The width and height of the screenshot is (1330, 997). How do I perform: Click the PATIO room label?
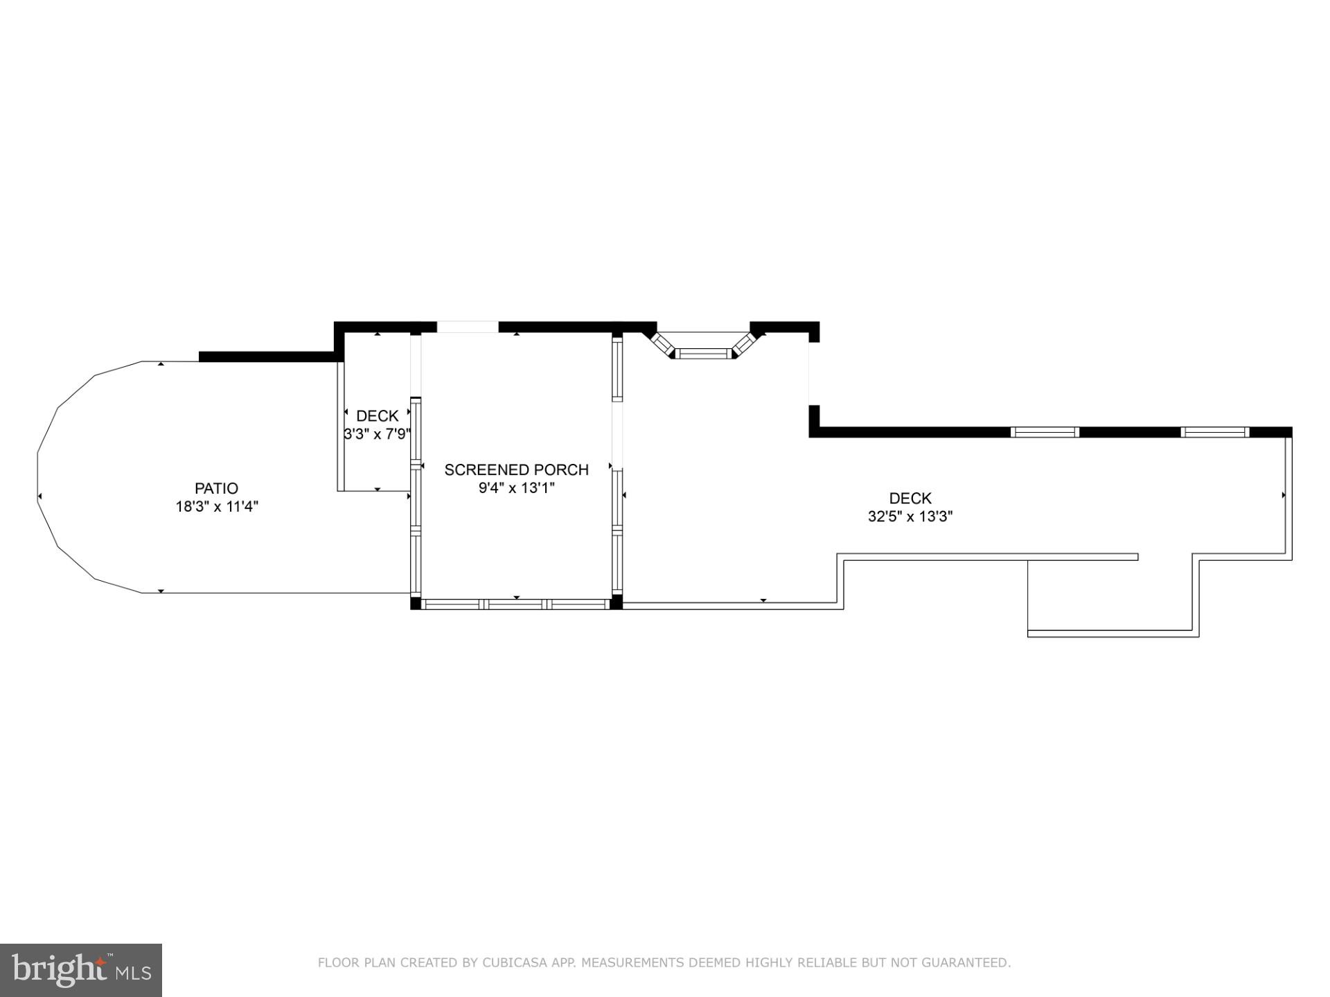pos(216,488)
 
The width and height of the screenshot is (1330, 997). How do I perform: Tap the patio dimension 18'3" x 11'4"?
pos(217,507)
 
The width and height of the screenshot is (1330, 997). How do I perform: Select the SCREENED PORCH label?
pos(516,469)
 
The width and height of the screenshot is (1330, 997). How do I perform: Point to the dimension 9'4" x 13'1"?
pos(516,488)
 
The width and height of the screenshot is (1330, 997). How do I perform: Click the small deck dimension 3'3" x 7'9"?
pos(378,434)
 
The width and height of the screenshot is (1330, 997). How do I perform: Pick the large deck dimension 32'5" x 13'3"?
pos(910,517)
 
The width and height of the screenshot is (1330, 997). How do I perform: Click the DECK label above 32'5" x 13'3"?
pos(910,498)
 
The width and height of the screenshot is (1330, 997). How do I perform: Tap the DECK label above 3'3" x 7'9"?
pos(378,416)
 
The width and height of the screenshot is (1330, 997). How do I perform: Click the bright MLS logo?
pos(81,970)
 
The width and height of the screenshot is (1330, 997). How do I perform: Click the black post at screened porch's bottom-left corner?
pos(416,603)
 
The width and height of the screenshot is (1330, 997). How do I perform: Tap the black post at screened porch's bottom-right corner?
pos(616,602)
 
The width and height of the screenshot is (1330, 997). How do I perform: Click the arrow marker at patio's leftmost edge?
pos(39,496)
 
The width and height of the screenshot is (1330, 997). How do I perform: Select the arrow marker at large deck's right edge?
pos(1284,495)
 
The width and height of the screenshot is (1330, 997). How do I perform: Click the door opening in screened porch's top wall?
pos(468,327)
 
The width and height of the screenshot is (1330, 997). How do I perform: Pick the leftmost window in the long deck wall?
pos(1045,432)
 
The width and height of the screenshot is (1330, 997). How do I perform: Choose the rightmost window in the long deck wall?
pos(1215,432)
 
